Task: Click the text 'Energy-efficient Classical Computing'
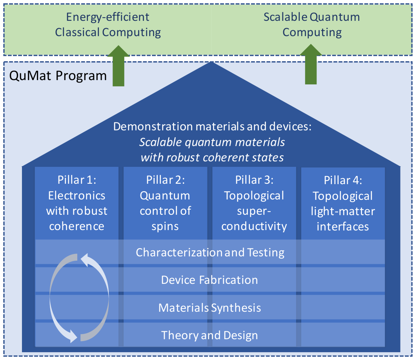pos(108,25)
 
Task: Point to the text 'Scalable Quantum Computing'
pos(312,25)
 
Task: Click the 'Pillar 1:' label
pos(76,180)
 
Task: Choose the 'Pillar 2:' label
pos(165,180)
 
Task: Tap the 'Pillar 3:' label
pos(254,180)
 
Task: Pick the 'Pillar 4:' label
pos(343,180)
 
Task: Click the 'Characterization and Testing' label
pos(210,252)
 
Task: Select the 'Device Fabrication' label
pos(209,280)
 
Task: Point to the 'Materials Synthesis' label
pos(209,307)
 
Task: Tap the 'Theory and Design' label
pos(209,335)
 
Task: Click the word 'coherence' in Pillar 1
pos(76,226)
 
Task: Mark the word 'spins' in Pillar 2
pos(165,226)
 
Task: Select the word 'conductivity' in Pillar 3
pos(254,226)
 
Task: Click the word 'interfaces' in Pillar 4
pos(343,227)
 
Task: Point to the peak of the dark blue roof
pos(212,63)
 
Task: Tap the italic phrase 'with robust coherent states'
pos(212,157)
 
